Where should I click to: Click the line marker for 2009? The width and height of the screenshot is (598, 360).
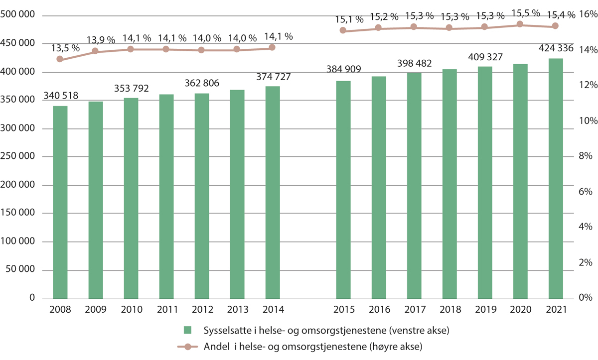(95, 51)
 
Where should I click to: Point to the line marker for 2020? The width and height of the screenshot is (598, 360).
(520, 24)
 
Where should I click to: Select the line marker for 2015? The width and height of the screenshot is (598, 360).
(343, 30)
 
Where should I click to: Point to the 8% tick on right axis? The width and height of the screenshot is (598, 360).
(584, 157)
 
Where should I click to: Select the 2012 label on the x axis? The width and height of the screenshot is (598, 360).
(202, 309)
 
